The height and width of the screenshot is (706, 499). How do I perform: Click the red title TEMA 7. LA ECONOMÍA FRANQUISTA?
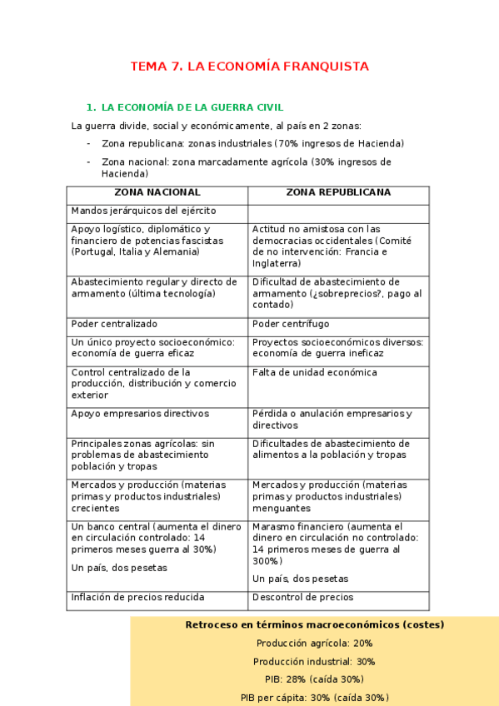[x=249, y=67]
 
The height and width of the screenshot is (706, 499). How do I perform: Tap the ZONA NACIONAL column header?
[x=157, y=192]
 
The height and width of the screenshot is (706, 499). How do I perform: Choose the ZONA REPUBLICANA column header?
[x=338, y=192]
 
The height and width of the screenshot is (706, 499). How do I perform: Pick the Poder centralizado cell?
[x=114, y=323]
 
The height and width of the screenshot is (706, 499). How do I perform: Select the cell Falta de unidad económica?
[x=315, y=372]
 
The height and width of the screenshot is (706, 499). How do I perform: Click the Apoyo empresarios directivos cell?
[x=140, y=413]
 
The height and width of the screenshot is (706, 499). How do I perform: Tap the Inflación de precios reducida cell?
[x=137, y=597]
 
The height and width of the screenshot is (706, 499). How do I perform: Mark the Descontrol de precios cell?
[x=302, y=597]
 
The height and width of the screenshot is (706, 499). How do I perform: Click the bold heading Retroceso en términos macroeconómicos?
[x=314, y=624]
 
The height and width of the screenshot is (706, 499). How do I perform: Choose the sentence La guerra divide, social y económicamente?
[x=217, y=126]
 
